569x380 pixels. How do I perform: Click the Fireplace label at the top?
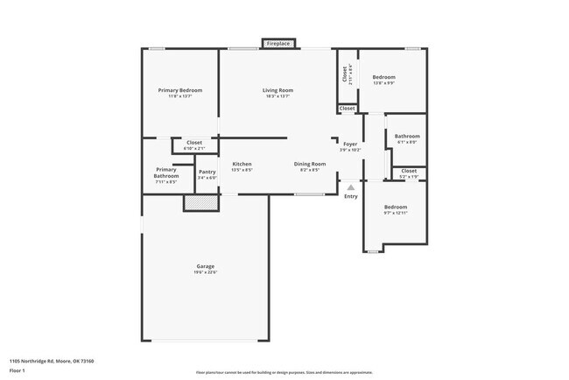[x=279, y=43]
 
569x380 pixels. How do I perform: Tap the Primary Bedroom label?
[x=180, y=90]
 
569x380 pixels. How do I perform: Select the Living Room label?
[x=277, y=90]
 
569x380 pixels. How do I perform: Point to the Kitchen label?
[x=242, y=164]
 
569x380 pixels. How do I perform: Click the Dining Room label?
[x=309, y=164]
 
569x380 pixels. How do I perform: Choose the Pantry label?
[x=207, y=172]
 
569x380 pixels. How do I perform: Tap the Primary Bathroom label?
[x=166, y=172]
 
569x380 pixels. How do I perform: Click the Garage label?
[x=205, y=266]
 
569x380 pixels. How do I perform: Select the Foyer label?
[x=350, y=144]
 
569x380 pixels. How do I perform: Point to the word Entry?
[x=350, y=196]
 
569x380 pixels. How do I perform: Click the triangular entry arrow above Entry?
[x=350, y=186]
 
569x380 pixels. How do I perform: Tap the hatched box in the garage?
[x=200, y=202]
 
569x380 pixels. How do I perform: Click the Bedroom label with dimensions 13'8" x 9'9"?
[x=383, y=77]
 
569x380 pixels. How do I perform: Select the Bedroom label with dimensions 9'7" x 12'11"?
[x=396, y=207]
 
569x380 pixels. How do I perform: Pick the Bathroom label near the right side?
[x=407, y=136]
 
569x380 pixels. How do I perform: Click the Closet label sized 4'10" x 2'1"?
[x=193, y=142]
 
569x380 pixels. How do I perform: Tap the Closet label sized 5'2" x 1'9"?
[x=409, y=171]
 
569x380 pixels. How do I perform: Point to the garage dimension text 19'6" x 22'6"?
[x=205, y=272]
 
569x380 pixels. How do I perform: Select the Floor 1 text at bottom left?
[x=18, y=369]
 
